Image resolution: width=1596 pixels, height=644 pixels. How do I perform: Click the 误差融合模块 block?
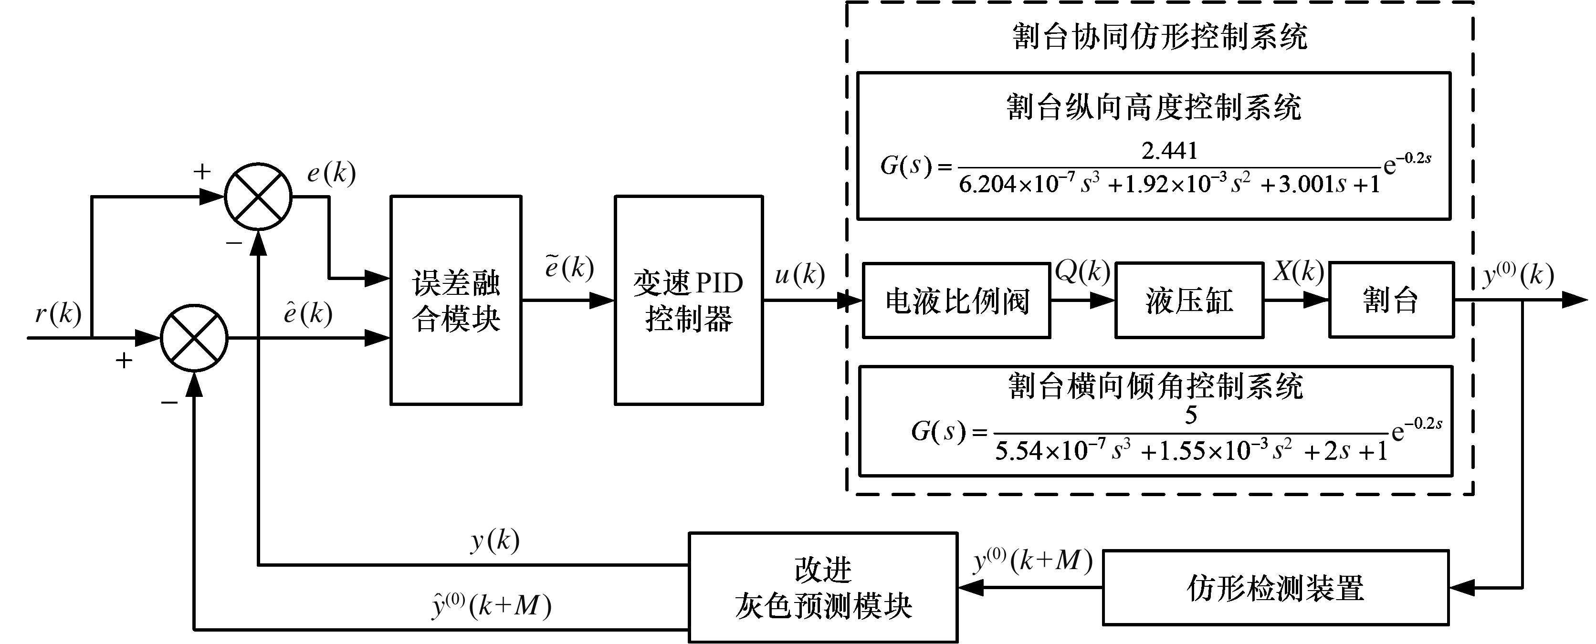coord(455,301)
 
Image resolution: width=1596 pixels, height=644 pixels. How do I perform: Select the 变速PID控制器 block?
coord(688,301)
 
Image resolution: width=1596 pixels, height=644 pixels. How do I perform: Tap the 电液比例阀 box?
coord(956,301)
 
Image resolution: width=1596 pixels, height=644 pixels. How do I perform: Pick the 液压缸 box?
coord(1189,301)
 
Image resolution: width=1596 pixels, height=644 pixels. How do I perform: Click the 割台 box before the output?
coord(1391,301)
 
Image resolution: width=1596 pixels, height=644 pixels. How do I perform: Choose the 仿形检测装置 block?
coord(1275,588)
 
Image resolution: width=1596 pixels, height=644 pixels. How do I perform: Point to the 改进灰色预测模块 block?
coord(823,588)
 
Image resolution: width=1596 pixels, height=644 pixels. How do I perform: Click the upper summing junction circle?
coord(258,197)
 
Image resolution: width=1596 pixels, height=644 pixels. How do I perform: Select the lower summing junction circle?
coord(195,338)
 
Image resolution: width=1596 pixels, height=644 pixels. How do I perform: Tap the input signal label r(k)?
coord(58,314)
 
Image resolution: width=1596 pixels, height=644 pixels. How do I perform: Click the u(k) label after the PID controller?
coord(800,274)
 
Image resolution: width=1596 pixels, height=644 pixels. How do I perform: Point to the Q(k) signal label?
coord(1082,271)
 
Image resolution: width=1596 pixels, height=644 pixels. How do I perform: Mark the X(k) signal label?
coord(1299,271)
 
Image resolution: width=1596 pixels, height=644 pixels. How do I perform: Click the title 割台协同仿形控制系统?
coord(1159,37)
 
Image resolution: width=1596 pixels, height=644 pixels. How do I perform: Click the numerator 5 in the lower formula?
coord(1191,415)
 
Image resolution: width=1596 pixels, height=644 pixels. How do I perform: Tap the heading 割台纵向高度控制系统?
coord(1153,107)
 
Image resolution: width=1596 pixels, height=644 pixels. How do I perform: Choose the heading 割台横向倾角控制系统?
coord(1155,386)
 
